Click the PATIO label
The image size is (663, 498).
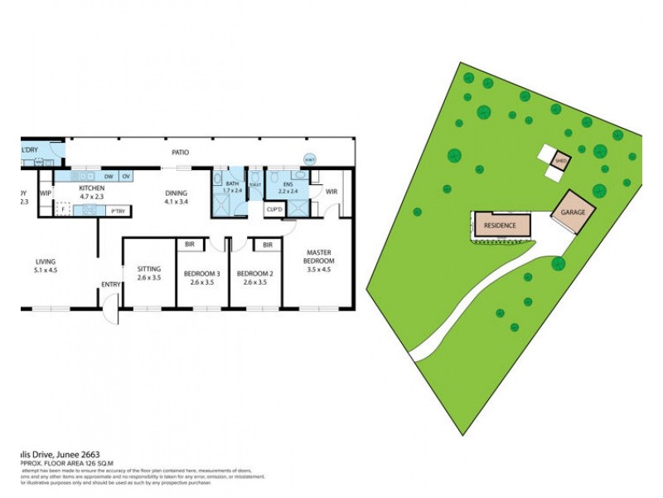click(x=180, y=153)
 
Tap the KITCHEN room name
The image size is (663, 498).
click(x=90, y=188)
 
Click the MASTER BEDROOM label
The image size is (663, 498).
click(x=320, y=256)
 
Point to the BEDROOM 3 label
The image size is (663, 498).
click(x=201, y=274)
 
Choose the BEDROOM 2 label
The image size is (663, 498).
click(x=253, y=274)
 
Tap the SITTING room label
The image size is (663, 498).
click(x=148, y=268)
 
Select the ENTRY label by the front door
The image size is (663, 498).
click(x=111, y=285)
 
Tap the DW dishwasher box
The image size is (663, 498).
click(x=109, y=176)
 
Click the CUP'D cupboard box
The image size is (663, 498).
click(x=275, y=210)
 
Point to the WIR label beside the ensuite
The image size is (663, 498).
click(x=331, y=192)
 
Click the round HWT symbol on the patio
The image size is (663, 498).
click(x=310, y=159)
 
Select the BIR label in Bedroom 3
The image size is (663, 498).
click(x=190, y=245)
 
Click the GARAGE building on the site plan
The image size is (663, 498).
click(x=573, y=212)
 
